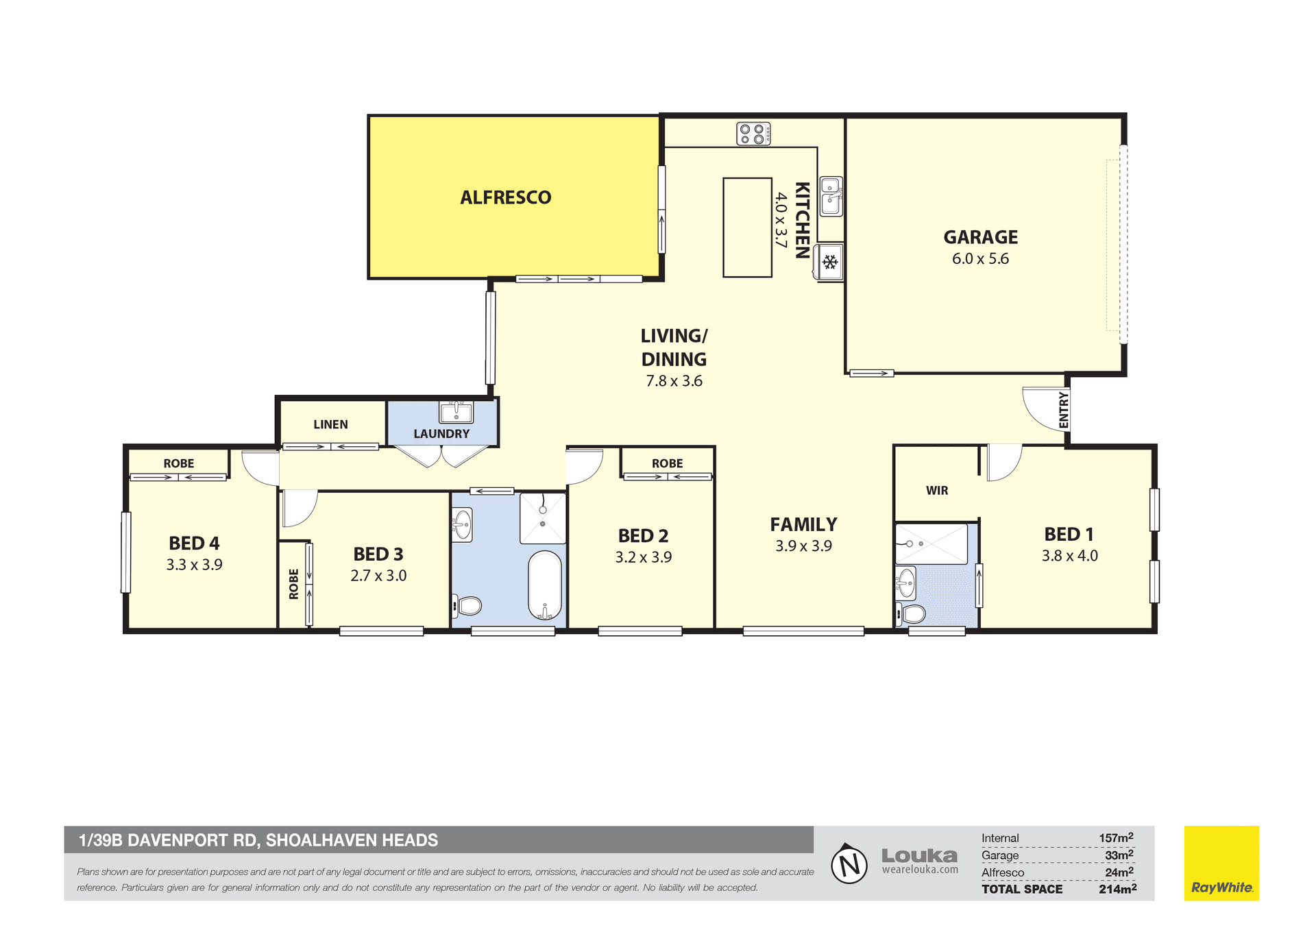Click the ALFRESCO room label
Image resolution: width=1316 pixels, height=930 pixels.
tap(506, 197)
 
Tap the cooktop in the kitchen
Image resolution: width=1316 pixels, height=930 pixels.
tap(753, 134)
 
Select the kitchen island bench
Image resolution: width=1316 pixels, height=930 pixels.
tap(747, 228)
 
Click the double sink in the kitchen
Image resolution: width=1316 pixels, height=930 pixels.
tap(831, 196)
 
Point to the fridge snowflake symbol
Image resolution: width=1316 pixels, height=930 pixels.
tap(830, 262)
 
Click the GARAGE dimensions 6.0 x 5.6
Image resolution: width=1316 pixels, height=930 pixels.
tap(980, 259)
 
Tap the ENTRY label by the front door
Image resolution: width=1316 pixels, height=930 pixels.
tap(1063, 410)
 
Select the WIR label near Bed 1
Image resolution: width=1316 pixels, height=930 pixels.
tap(937, 491)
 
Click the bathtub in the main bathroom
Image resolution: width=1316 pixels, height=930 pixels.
tap(545, 585)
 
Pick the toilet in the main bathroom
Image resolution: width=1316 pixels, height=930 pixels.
tap(467, 606)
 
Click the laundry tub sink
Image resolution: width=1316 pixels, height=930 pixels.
tap(456, 413)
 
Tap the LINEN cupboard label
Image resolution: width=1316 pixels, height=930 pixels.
tap(330, 425)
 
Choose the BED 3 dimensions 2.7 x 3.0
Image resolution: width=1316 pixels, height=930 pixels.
tap(378, 576)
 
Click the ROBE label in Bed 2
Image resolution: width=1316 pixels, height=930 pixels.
tap(667, 464)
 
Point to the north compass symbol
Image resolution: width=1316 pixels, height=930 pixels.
tap(849, 864)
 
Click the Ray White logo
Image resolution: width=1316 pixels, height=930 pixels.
tap(1221, 864)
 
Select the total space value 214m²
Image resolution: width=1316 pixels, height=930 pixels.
tap(1118, 889)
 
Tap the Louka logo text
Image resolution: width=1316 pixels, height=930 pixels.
tap(919, 856)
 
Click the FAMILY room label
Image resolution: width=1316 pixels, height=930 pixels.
tap(803, 525)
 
